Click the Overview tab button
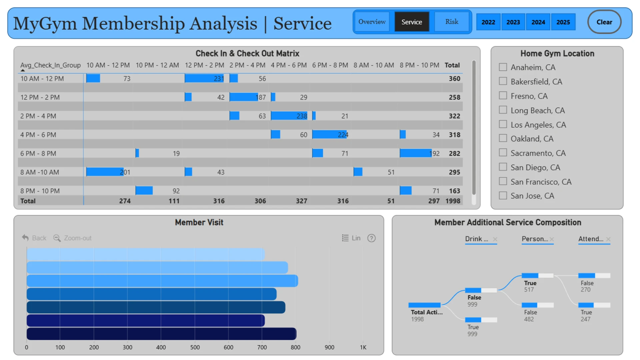(x=372, y=22)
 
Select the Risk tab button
(x=452, y=22)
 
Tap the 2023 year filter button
(x=513, y=22)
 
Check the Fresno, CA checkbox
(x=503, y=96)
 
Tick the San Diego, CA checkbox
(x=503, y=167)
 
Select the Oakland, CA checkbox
(x=503, y=138)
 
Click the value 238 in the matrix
(x=302, y=116)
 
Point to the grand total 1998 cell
(x=453, y=201)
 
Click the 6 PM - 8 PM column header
(x=330, y=65)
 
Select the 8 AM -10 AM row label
(x=40, y=172)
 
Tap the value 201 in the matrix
(x=125, y=172)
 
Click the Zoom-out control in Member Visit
(x=73, y=238)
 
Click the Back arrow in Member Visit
(x=25, y=238)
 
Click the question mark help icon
(x=371, y=238)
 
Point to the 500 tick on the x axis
(x=195, y=347)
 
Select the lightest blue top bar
(x=146, y=254)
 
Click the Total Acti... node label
(x=427, y=312)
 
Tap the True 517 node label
(x=530, y=286)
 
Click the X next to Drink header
(x=495, y=239)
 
